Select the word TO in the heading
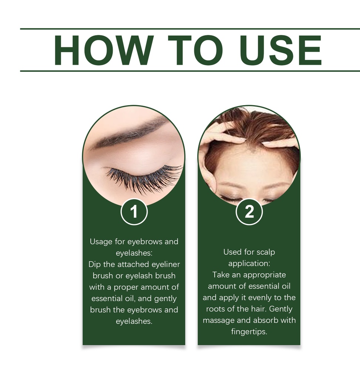pos(195,50)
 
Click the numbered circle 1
pos(134,212)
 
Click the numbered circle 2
pos(249,212)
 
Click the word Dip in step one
pos(94,264)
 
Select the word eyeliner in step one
pos(166,264)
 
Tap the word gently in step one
pos(165,299)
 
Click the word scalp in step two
pos(266,252)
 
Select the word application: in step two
pos(249,264)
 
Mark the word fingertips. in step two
pos(249,332)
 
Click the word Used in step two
pos(233,252)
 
